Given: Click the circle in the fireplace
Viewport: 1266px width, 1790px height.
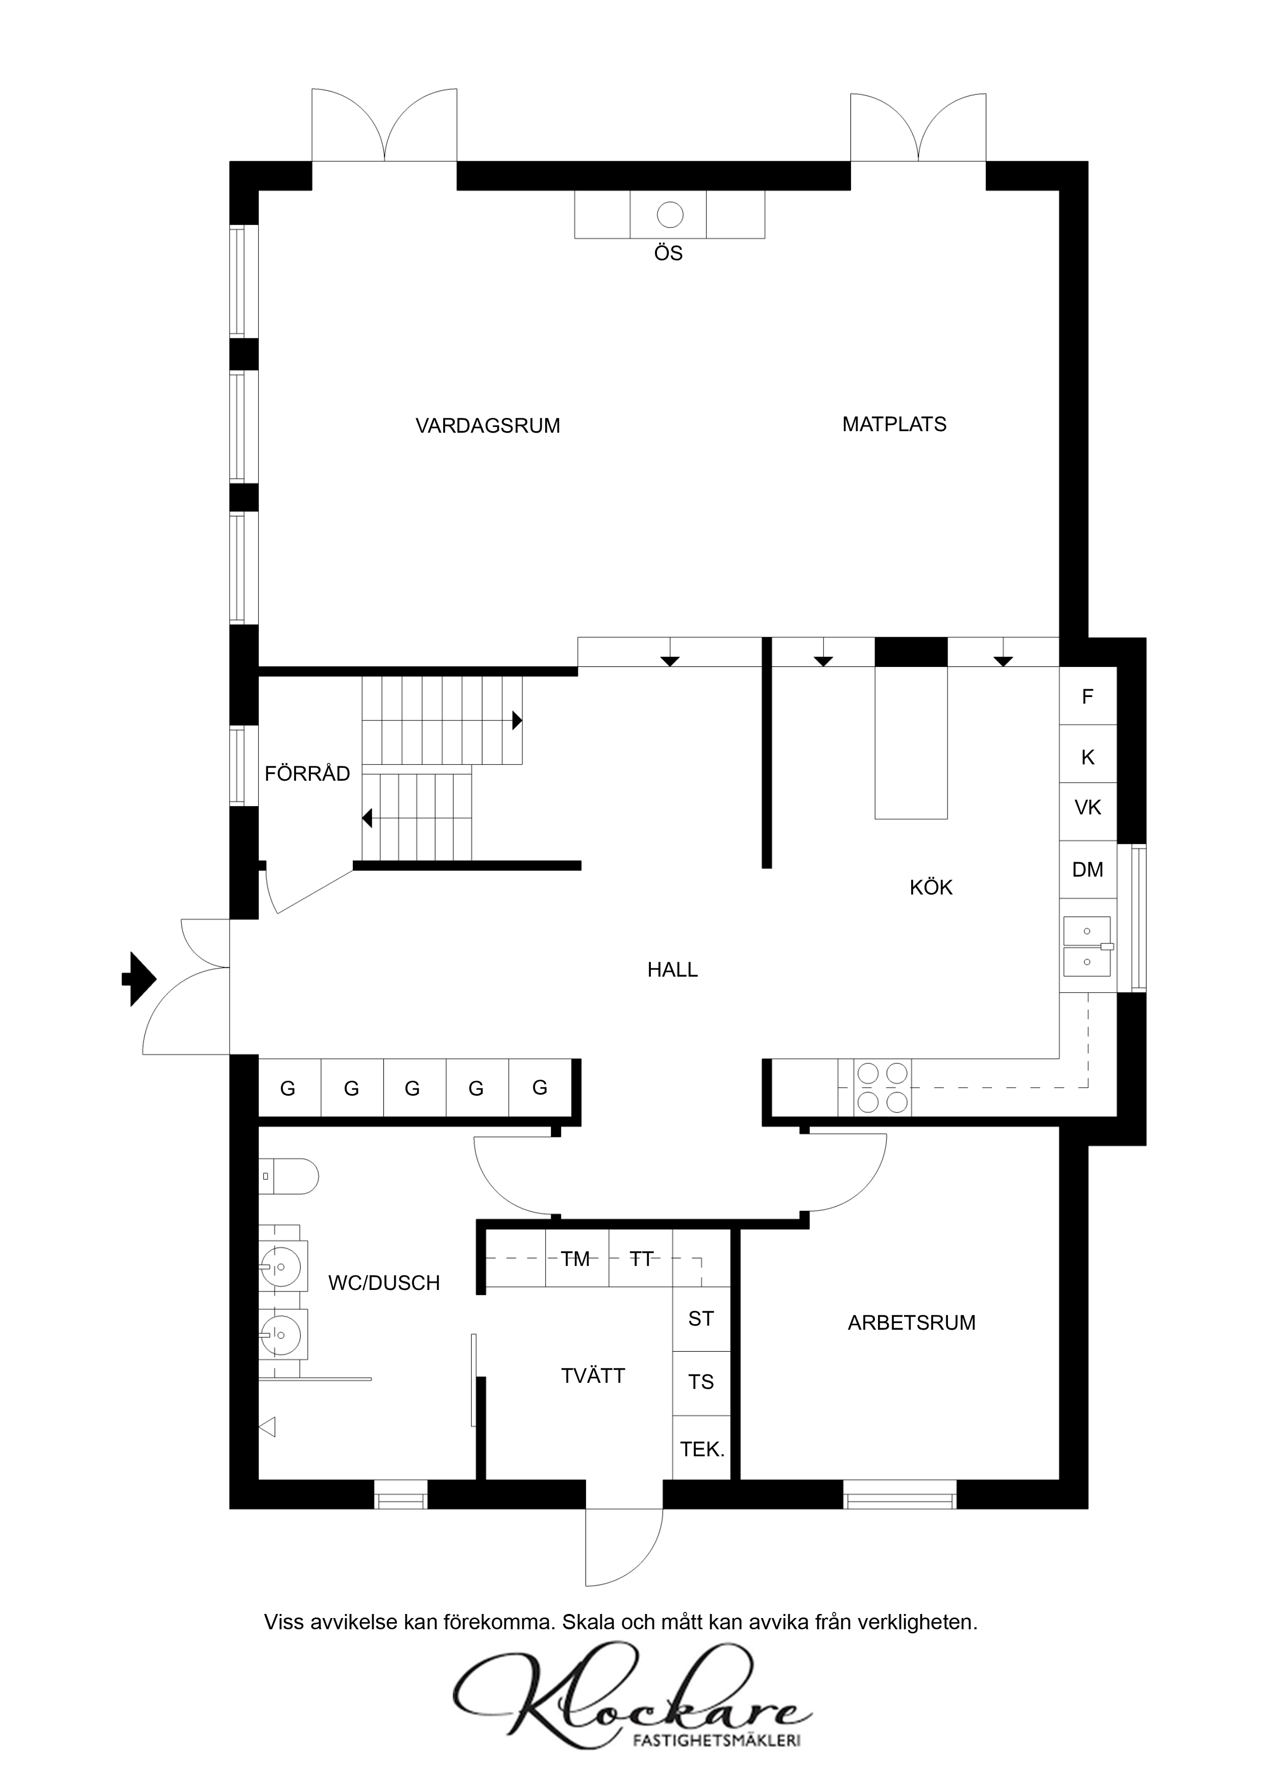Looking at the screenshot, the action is coord(670,214).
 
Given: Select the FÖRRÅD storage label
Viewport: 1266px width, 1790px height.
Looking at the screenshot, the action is coord(307,774).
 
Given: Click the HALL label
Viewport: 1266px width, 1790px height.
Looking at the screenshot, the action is coord(672,970).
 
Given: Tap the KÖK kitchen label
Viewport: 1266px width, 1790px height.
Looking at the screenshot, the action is coord(931,887).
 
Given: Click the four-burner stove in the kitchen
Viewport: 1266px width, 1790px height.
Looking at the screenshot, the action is coord(882,1087).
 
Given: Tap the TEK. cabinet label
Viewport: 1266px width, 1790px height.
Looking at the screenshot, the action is coord(702,1449).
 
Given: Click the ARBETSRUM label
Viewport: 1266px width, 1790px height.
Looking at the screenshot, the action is coord(911,1323).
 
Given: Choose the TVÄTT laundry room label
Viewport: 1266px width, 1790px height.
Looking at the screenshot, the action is coord(593,1376).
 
